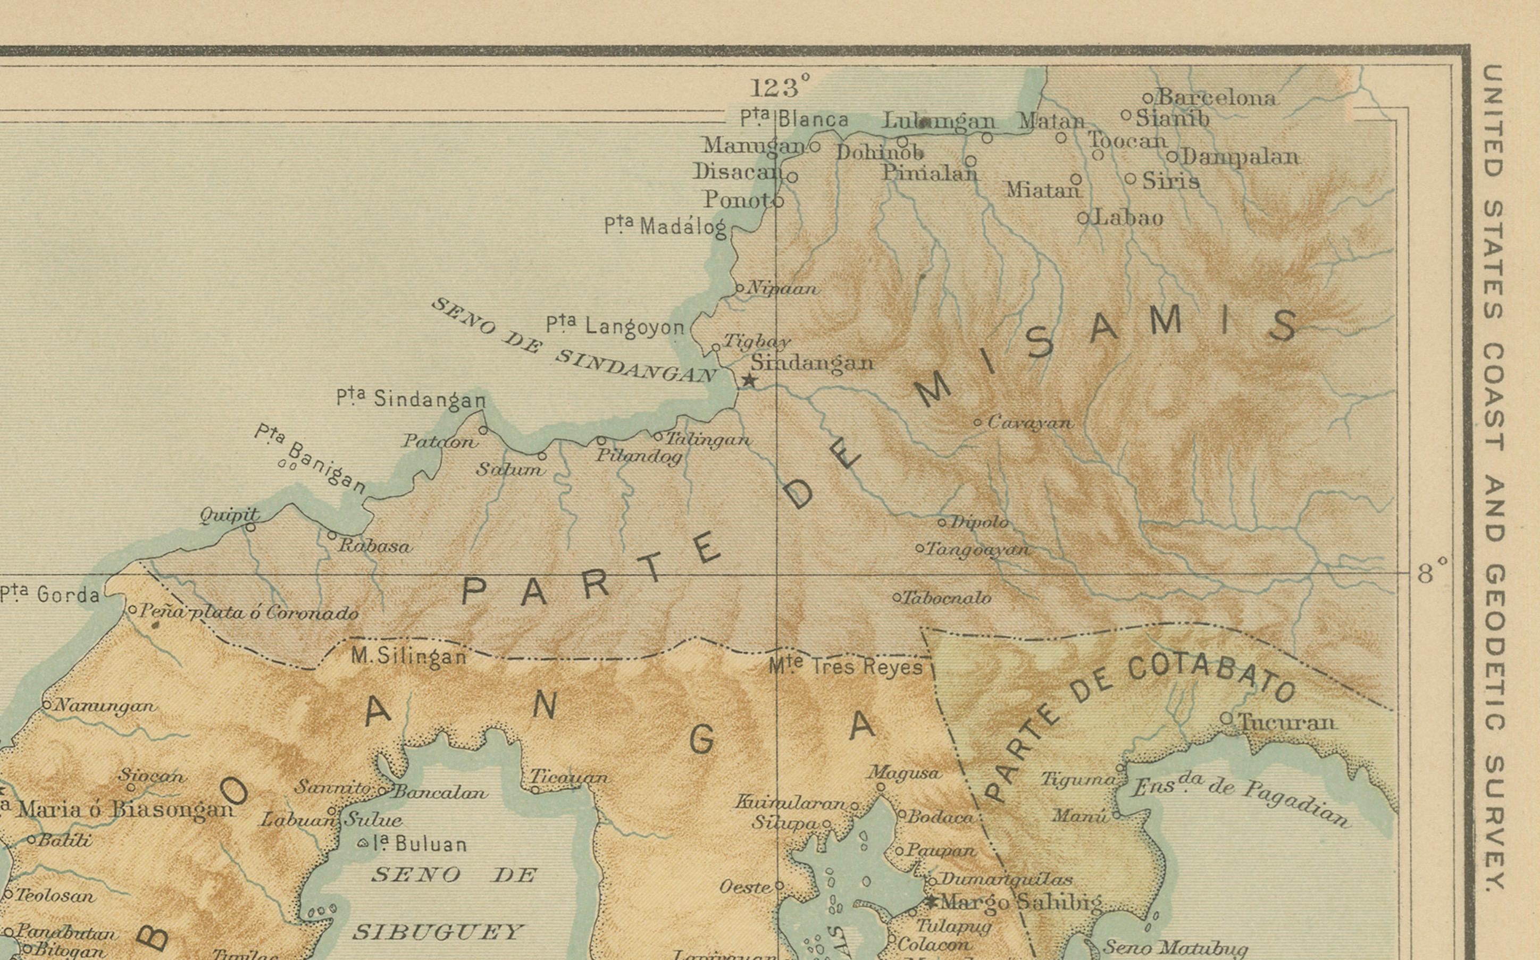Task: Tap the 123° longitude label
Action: (780, 87)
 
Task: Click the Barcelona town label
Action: (1216, 98)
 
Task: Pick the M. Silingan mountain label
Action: (409, 655)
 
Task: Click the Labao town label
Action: (1128, 218)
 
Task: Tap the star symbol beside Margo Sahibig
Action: (932, 902)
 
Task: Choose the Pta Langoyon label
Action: (615, 326)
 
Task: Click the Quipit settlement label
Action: (229, 515)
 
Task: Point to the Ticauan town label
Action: (568, 777)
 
